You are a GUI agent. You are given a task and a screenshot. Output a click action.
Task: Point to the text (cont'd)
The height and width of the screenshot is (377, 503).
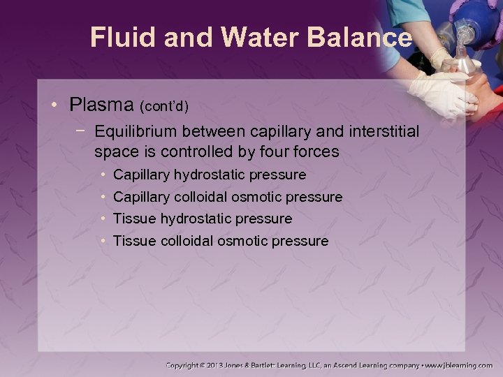click(x=164, y=107)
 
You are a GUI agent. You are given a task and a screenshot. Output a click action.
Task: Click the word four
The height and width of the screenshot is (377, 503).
click(x=263, y=151)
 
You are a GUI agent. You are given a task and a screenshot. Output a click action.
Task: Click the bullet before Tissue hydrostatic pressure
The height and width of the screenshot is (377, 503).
click(x=103, y=219)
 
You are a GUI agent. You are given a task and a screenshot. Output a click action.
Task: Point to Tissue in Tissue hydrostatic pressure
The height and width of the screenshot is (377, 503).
click(x=134, y=219)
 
